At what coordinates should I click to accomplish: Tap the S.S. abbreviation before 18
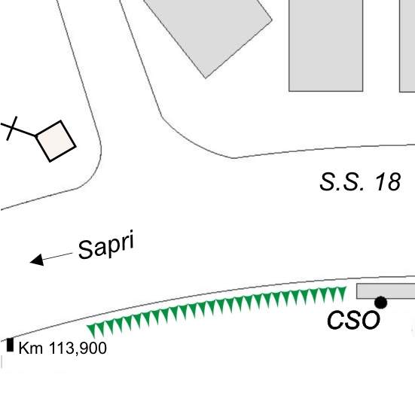click(342, 181)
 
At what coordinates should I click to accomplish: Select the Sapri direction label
click(106, 245)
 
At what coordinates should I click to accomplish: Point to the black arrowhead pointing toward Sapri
click(38, 260)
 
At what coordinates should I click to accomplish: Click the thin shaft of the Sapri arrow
click(57, 256)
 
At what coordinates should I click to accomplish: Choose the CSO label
click(353, 320)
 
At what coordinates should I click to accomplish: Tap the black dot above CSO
click(381, 303)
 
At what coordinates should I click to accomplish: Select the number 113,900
click(78, 348)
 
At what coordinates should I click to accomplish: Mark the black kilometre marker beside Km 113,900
click(10, 345)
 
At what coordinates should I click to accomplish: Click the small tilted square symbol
click(56, 141)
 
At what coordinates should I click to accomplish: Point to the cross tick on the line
click(11, 128)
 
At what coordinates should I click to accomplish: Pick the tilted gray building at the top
click(208, 35)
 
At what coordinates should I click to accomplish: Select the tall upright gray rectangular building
click(326, 45)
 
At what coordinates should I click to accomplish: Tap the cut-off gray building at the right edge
click(407, 46)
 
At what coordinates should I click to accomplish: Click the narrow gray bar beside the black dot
click(386, 291)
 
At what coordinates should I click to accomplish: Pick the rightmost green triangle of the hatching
click(341, 293)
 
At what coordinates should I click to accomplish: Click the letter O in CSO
click(371, 320)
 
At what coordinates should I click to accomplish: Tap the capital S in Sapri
click(86, 249)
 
